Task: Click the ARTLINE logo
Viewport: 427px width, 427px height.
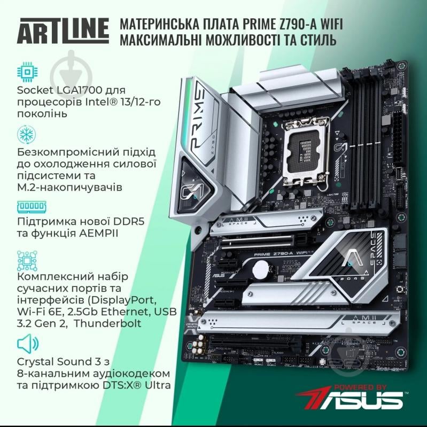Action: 63,32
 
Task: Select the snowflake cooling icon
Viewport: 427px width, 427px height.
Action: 25,134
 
